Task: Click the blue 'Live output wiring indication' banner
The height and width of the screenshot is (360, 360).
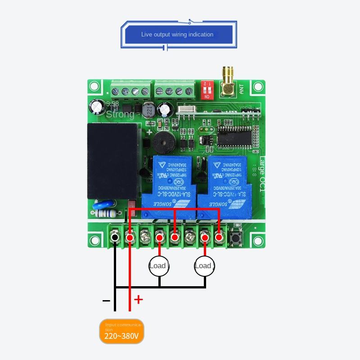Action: (177, 34)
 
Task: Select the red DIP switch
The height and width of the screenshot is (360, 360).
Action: (207, 90)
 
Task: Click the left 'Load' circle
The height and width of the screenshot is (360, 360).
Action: (158, 266)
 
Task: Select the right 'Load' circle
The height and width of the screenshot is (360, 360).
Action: (204, 266)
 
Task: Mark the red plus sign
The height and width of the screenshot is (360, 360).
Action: (139, 299)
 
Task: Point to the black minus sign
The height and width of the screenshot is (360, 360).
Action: (107, 300)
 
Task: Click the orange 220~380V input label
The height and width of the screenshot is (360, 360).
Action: (121, 331)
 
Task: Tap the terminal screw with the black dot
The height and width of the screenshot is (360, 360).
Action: (115, 237)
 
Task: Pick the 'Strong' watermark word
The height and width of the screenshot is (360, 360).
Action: (120, 114)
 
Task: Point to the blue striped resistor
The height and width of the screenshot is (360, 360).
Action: (106, 208)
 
